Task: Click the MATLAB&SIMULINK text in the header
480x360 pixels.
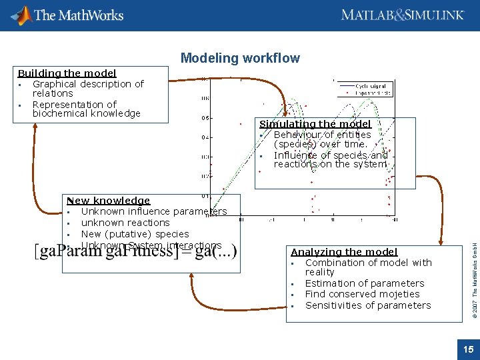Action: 402,15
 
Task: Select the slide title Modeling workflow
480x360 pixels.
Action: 240,59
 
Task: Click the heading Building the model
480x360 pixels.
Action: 67,73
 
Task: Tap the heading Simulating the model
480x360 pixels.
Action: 315,124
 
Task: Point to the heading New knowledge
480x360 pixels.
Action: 108,201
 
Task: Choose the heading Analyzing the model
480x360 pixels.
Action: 344,252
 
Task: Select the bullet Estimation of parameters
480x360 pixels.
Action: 364,283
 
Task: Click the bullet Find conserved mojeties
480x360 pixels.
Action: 362,294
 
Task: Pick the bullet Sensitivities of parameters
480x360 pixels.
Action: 368,305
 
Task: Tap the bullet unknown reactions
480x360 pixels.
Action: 125,223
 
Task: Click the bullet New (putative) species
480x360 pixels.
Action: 135,234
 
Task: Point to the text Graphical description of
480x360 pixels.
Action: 88,84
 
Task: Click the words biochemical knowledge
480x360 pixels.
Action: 87,113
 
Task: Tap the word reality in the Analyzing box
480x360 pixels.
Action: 319,272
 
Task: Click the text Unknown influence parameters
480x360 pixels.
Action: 154,211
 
